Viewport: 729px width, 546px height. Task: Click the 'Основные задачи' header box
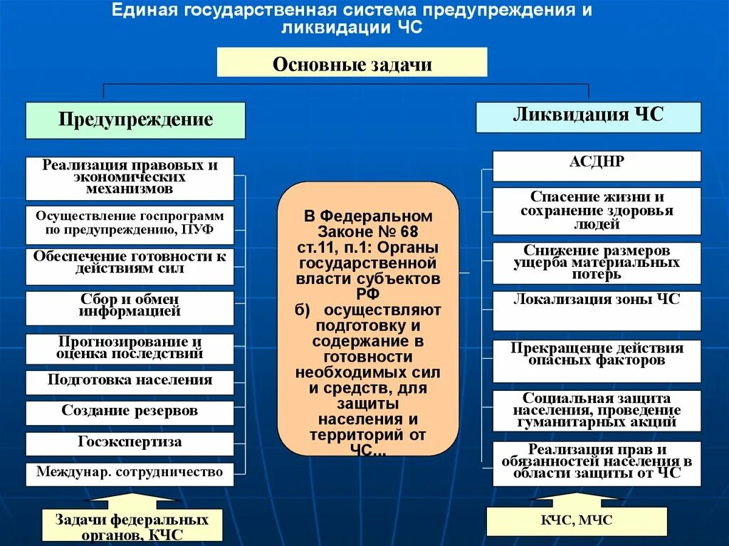click(x=352, y=63)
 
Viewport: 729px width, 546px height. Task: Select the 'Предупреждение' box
click(x=135, y=120)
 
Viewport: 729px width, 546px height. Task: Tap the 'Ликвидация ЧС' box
click(x=588, y=116)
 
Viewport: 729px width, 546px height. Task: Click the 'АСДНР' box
click(x=597, y=165)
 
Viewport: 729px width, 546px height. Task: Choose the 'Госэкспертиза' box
click(x=130, y=443)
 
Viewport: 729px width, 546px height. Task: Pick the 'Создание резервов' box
click(x=130, y=412)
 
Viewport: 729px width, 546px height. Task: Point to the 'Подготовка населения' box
click(x=130, y=381)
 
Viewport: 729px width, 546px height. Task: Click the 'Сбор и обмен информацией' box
click(x=130, y=307)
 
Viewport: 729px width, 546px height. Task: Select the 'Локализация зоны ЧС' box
click(x=597, y=310)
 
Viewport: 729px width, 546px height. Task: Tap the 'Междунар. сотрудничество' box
click(x=130, y=473)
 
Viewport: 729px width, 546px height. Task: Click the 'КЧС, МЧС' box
click(x=577, y=521)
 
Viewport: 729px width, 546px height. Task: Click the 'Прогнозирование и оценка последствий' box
click(x=130, y=348)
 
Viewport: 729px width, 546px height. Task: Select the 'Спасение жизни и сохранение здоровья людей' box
click(x=597, y=211)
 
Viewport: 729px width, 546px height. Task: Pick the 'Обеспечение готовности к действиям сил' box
click(x=130, y=263)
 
